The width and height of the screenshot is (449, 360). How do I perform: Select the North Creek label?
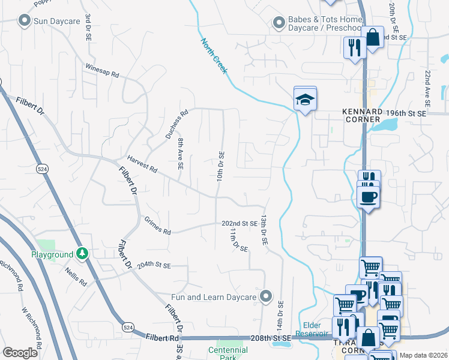click(215, 56)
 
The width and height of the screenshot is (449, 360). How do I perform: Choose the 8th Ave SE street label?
click(180, 154)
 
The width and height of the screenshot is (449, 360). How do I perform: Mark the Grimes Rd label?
click(158, 226)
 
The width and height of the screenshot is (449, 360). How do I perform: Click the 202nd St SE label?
click(240, 223)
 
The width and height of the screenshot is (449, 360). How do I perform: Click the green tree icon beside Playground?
click(82, 254)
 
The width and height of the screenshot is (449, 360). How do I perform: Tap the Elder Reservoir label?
click(313, 329)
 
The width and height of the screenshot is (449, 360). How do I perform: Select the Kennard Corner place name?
click(362, 115)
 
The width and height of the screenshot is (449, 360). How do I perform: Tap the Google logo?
click(20, 353)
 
